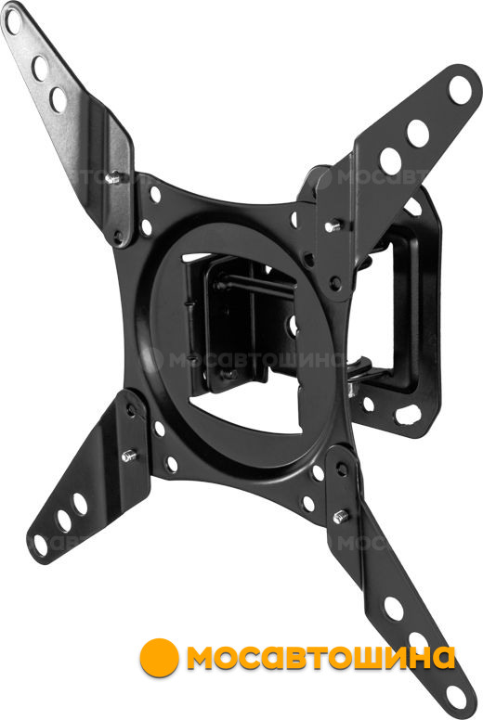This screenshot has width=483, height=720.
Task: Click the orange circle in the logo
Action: coord(159,658)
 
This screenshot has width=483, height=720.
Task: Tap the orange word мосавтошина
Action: coord(320,658)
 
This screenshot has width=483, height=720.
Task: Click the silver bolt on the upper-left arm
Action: coord(112,177)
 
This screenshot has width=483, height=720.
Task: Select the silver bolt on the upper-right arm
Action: coord(333,225)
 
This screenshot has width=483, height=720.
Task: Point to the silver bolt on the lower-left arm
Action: coord(129,456)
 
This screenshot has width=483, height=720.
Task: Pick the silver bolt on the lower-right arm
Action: coord(341,517)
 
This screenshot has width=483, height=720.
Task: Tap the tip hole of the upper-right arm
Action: coord(460,90)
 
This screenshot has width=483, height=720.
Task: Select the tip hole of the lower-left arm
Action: coord(41,545)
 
